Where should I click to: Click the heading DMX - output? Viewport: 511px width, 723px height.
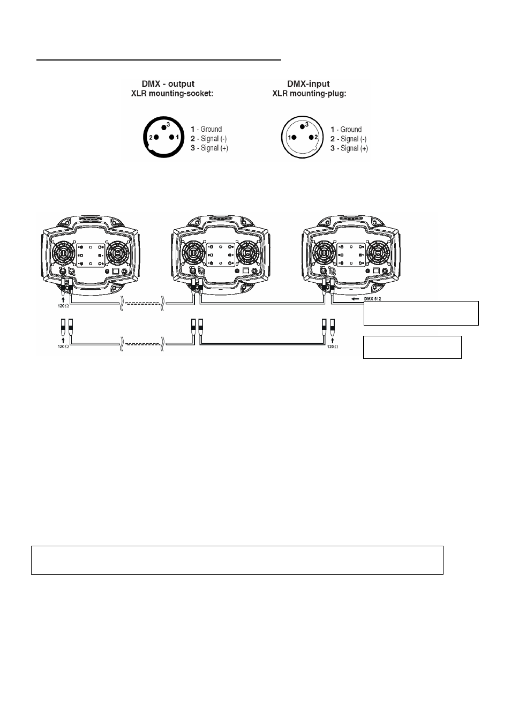click(168, 84)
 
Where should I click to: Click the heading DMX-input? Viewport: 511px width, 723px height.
click(309, 84)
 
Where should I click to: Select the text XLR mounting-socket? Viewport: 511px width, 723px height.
click(172, 94)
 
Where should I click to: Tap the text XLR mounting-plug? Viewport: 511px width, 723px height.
click(309, 94)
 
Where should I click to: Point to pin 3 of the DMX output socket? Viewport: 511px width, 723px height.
click(164, 127)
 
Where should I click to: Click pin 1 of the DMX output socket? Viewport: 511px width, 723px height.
click(172, 137)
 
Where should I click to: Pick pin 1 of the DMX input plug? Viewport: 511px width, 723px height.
click(294, 138)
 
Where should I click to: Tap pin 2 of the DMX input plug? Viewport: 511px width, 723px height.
click(311, 138)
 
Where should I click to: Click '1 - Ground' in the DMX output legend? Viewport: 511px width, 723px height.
click(206, 129)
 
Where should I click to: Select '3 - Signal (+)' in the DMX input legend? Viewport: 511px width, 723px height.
click(349, 148)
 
